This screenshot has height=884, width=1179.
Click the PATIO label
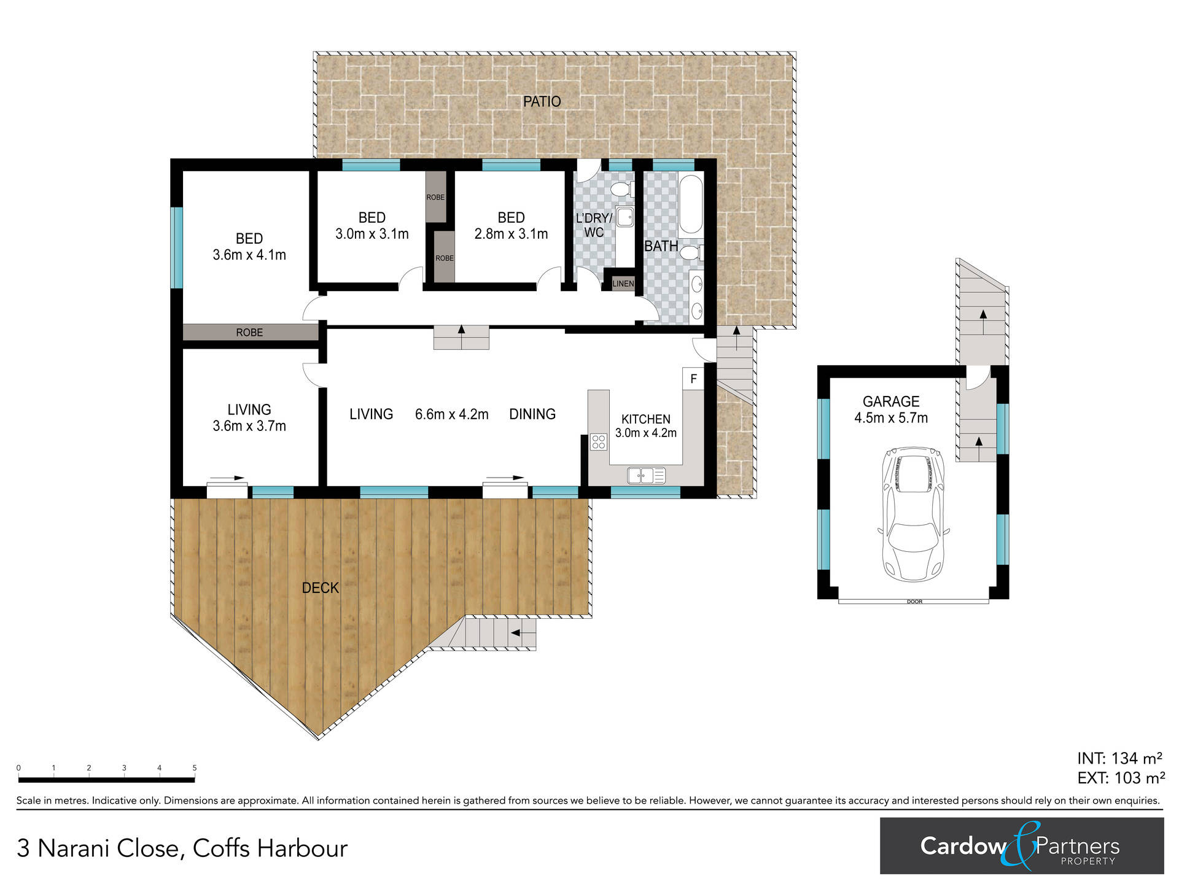point(542,101)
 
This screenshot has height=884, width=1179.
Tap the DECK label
point(321,588)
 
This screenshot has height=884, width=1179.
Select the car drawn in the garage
point(915,514)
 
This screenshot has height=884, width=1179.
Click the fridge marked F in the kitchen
point(693,378)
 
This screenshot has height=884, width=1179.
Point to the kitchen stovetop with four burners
point(598,441)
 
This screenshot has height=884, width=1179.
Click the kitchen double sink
point(646,475)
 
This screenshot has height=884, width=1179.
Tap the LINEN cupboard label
point(623,284)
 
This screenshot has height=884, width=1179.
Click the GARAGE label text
point(891,401)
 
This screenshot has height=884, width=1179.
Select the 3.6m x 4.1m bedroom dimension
point(249,255)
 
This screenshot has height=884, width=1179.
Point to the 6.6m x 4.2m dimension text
point(452,414)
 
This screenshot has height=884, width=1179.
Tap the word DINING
point(532,414)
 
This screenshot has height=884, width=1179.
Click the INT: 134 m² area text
point(1120,758)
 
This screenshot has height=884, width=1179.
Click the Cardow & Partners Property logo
point(1022,846)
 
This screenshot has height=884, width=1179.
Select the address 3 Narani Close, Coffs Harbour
point(182,848)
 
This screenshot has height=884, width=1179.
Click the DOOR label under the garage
point(914,602)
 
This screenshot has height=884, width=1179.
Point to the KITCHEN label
point(646,419)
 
